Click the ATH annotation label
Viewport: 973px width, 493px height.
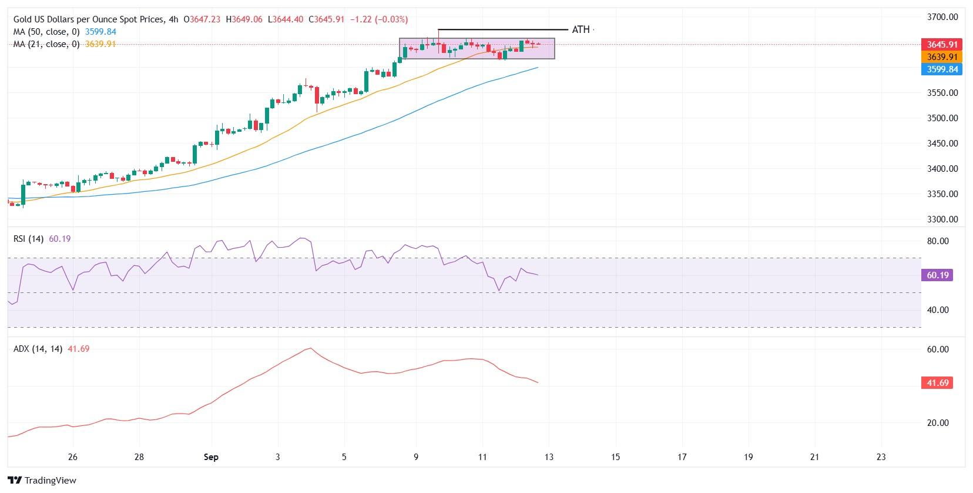[x=580, y=29]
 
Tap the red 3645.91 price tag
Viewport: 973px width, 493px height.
[x=942, y=45]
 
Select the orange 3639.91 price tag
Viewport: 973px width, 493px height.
[x=942, y=57]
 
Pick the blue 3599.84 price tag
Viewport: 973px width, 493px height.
[x=942, y=69]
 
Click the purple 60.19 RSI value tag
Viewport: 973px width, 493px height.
[x=938, y=275]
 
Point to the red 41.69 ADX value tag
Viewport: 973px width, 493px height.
[x=938, y=383]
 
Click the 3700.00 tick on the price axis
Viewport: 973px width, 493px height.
[x=942, y=17]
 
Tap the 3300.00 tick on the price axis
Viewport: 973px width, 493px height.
[x=942, y=219]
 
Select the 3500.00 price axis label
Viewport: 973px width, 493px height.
[x=942, y=118]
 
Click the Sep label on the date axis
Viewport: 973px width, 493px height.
[x=211, y=457]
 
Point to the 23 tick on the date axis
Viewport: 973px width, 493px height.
[x=881, y=457]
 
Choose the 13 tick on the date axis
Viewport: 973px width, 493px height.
[x=549, y=457]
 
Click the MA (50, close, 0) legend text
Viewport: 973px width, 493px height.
[x=46, y=32]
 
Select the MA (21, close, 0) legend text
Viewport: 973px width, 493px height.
[x=46, y=44]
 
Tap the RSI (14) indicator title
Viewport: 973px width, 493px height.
[x=28, y=239]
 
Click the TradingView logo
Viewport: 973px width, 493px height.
[x=42, y=480]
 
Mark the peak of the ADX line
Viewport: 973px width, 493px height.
[x=310, y=348]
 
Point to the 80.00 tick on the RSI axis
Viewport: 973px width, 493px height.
[x=938, y=241]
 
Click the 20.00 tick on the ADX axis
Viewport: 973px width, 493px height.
[x=938, y=423]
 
